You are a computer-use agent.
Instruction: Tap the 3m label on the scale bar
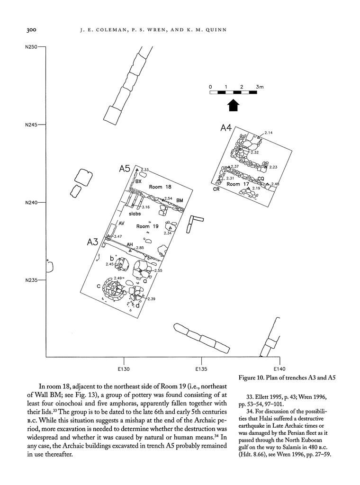tap(260, 87)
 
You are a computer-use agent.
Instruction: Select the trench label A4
tap(226, 128)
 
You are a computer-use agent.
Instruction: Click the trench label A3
tap(92, 242)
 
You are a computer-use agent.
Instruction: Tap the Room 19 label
tap(146, 226)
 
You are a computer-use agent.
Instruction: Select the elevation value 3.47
tap(117, 236)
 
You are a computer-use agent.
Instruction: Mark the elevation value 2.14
tap(269, 133)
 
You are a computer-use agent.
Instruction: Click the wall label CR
tap(216, 189)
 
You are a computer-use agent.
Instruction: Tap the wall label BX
tap(139, 182)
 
